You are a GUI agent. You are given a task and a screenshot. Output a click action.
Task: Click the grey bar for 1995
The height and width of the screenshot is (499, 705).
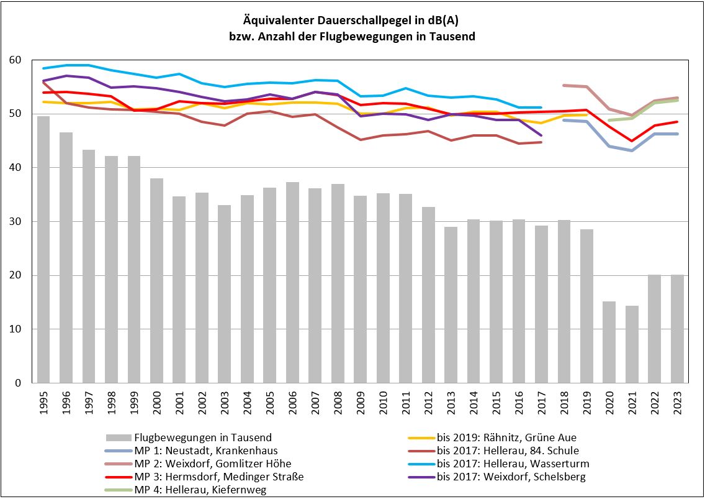click(43, 249)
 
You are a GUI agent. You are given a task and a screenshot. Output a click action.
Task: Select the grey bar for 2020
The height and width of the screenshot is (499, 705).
click(609, 342)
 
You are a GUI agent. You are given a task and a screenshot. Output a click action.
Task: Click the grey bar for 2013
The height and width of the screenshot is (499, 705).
click(451, 304)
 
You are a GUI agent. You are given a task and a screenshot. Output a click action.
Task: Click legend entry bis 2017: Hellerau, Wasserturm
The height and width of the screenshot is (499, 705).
click(513, 464)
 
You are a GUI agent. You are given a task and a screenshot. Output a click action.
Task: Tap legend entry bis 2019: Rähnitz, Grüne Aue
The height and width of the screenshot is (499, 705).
click(506, 437)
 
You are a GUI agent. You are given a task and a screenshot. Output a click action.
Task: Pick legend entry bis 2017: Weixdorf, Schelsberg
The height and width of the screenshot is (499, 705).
click(511, 477)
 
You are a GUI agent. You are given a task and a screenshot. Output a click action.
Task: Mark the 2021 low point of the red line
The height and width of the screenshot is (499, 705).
click(632, 141)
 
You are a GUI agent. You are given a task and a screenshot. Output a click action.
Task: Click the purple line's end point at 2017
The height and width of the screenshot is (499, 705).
click(541, 135)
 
